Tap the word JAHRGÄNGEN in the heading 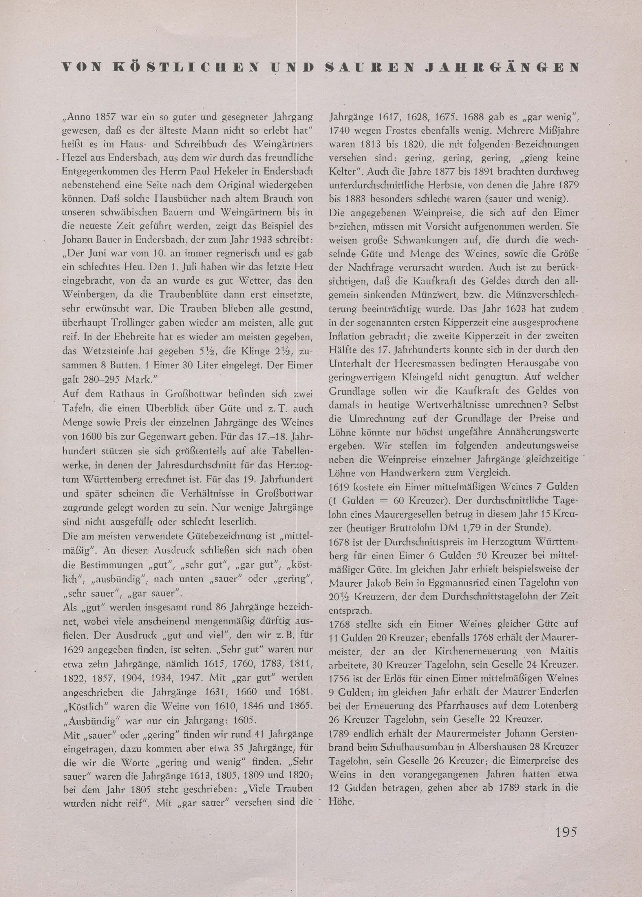click(508, 68)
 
